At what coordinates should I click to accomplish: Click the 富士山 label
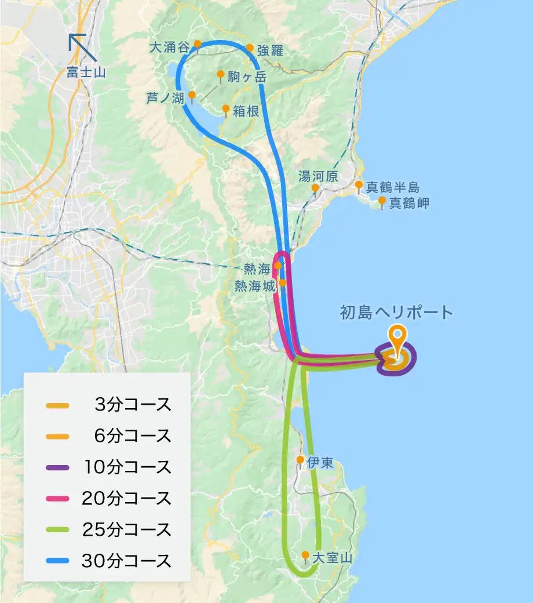click(87, 72)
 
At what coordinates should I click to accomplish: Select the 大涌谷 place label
click(170, 47)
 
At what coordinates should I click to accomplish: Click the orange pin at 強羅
click(250, 49)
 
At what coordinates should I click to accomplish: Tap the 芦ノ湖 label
click(165, 99)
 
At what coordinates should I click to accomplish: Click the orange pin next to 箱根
click(226, 109)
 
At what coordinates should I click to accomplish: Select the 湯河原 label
click(317, 176)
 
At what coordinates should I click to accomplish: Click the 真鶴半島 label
click(392, 187)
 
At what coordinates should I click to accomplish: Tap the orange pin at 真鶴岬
click(382, 201)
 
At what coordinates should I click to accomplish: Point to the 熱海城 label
click(253, 286)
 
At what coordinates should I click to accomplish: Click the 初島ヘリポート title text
click(396, 313)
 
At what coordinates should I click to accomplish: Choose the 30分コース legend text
click(127, 561)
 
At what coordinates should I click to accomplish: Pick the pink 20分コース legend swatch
click(57, 499)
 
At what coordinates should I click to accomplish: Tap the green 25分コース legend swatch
click(57, 530)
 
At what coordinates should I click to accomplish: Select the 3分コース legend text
click(133, 405)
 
